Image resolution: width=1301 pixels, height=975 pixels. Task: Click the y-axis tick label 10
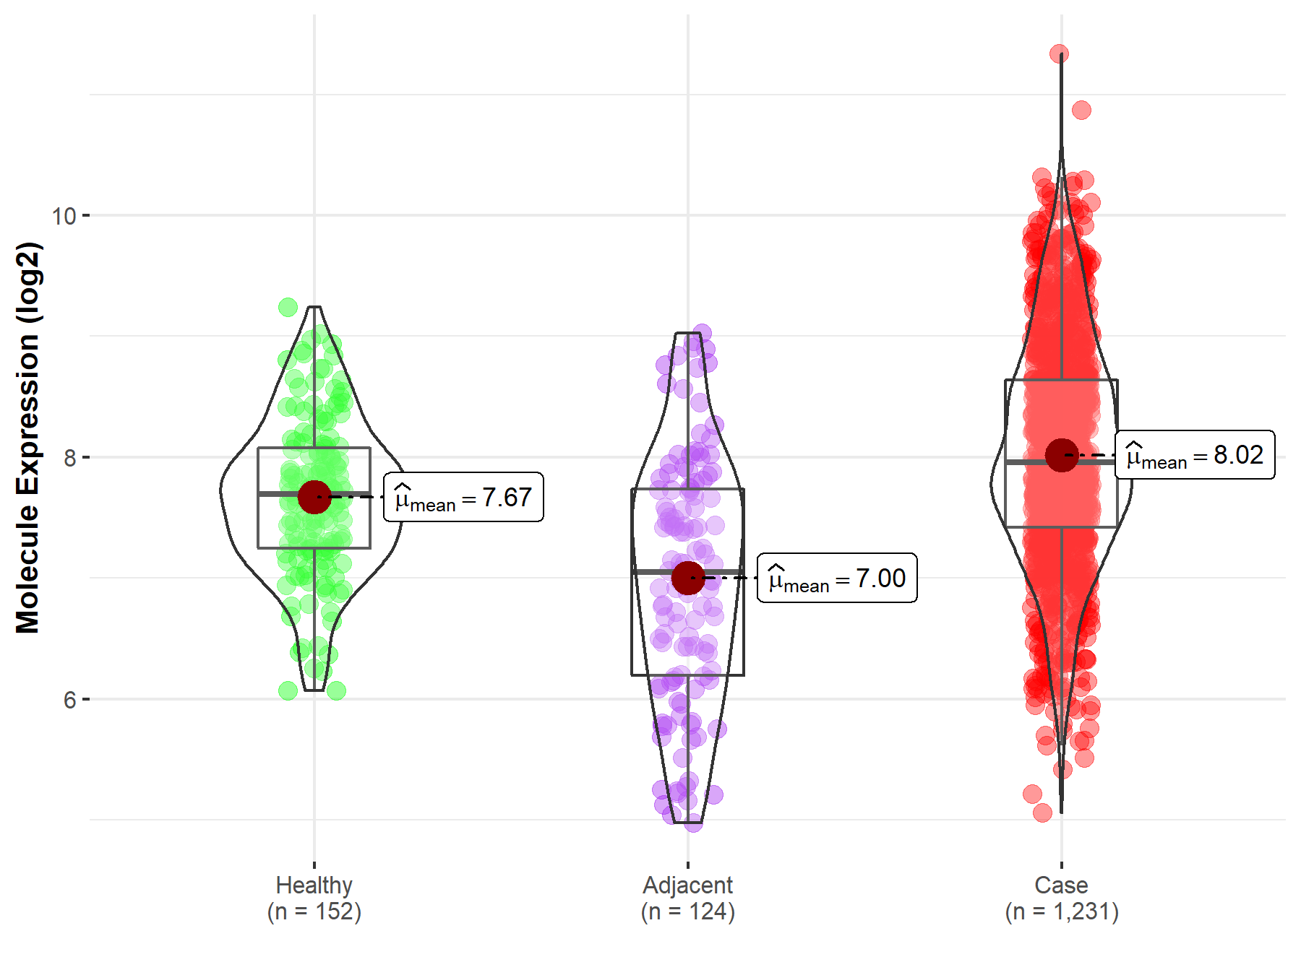point(64,215)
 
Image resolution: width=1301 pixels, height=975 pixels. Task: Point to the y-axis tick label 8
point(70,457)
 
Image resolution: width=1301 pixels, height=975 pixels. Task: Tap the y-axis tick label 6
point(70,699)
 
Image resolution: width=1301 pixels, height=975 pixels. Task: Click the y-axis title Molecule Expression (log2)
point(27,438)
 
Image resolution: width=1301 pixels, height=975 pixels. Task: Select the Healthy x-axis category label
point(314,885)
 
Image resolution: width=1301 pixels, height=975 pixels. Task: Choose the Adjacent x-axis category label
point(687,885)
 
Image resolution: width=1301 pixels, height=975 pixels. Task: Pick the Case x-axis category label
point(1061,885)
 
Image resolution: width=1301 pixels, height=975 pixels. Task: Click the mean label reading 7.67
point(463,498)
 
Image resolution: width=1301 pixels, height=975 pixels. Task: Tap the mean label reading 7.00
point(837,578)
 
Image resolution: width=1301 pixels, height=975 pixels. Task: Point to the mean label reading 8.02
point(1195,455)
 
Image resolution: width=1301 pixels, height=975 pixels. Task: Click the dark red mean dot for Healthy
point(314,497)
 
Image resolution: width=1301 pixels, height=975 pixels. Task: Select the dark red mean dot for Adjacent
point(687,578)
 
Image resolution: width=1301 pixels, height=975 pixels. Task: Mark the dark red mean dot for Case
point(1061,455)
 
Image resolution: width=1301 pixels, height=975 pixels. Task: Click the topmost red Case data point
point(1060,54)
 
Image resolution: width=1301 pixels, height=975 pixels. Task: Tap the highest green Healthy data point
point(288,307)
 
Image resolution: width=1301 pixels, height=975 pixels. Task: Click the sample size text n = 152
point(314,911)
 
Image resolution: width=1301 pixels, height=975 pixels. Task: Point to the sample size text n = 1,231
point(1061,911)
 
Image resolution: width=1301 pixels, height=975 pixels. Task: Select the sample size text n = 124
point(687,911)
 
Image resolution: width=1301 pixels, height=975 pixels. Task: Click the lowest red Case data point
point(1042,813)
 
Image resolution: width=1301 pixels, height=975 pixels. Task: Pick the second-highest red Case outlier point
point(1081,110)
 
